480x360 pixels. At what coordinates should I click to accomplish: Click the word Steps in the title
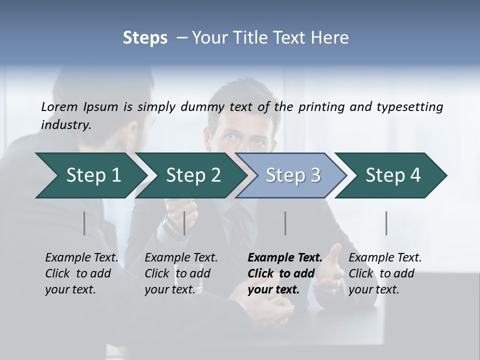[145, 38]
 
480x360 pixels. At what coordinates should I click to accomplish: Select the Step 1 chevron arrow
[90, 175]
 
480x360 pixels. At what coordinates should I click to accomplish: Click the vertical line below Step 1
[84, 223]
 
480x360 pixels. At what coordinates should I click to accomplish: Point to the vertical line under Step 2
[184, 223]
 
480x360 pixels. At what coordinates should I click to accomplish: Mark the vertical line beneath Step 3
[285, 223]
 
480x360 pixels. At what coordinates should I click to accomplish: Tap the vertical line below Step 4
[386, 223]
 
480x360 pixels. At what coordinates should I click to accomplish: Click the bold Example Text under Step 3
[284, 273]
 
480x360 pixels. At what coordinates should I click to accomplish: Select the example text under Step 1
[81, 273]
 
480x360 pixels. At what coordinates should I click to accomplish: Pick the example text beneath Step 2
[181, 273]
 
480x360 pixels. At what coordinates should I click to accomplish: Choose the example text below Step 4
[385, 273]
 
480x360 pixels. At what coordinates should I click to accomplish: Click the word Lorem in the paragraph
[59, 106]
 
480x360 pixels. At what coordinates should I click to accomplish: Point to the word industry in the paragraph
[66, 124]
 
